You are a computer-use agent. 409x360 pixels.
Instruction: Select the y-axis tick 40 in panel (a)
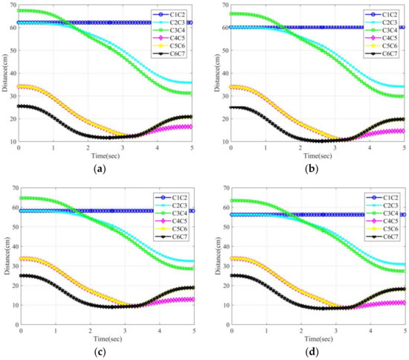pos(13,74)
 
